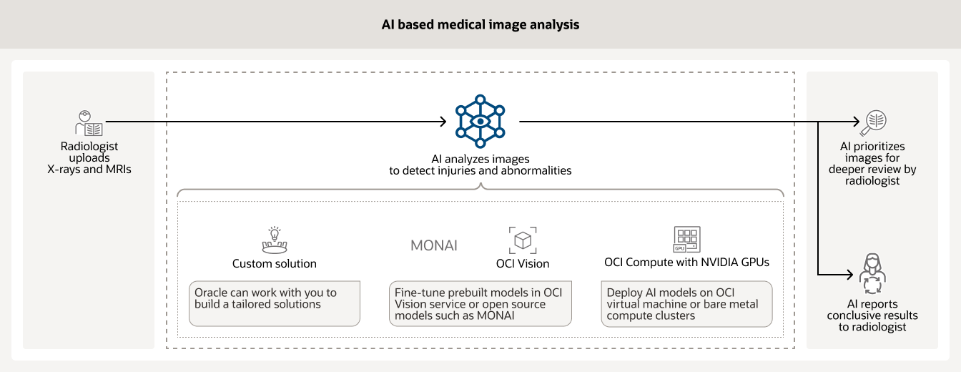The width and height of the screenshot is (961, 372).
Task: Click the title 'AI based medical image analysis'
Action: click(480, 24)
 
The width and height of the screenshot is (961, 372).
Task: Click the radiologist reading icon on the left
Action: click(89, 123)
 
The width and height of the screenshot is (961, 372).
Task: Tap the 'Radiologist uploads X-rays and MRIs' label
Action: click(89, 157)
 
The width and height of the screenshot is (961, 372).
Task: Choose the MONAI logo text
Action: click(433, 246)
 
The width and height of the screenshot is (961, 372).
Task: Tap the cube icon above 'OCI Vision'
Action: click(523, 240)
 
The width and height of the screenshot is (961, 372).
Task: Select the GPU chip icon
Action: click(687, 239)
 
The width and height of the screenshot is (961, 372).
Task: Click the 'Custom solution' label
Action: click(274, 263)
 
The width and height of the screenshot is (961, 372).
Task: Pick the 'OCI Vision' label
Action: click(523, 263)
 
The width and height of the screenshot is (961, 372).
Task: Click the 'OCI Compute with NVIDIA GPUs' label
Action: click(686, 263)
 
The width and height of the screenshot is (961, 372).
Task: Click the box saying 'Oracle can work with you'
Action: click(275, 303)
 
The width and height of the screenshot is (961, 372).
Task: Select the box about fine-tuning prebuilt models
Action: click(480, 303)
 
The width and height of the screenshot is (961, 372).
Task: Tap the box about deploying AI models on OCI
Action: click(686, 303)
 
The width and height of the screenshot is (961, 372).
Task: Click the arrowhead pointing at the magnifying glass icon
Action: click(856, 122)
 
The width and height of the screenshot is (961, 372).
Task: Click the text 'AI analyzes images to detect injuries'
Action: click(480, 165)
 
